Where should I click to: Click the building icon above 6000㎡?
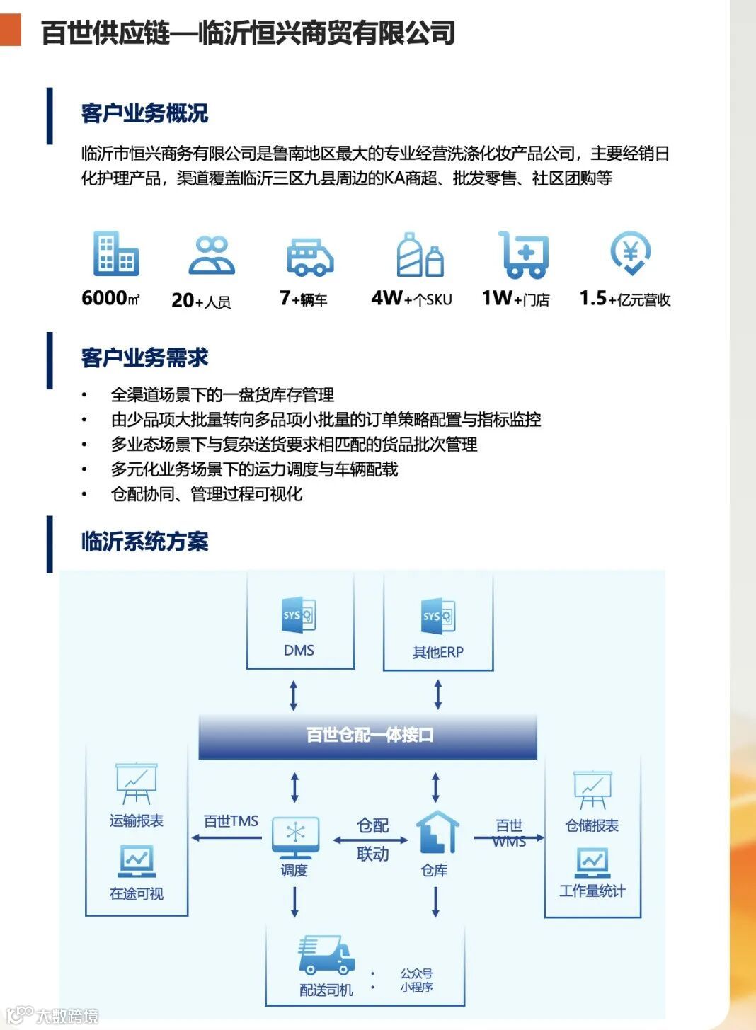click(x=115, y=254)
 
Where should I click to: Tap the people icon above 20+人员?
click(x=212, y=256)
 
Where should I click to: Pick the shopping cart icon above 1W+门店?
click(x=524, y=255)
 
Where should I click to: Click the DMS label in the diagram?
click(x=299, y=650)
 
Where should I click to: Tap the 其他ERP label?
click(x=437, y=652)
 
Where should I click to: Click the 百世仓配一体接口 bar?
click(x=368, y=736)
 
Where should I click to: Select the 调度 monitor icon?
click(x=295, y=837)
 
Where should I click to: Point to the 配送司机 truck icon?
click(x=325, y=955)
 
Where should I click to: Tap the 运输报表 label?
click(x=136, y=820)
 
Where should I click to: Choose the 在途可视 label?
click(x=136, y=894)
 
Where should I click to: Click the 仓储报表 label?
click(x=592, y=825)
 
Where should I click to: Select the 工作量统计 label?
click(x=592, y=891)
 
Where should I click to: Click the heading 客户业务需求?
click(x=144, y=357)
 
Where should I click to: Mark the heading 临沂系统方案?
click(x=144, y=542)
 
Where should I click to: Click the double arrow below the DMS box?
click(x=293, y=695)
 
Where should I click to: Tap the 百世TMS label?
click(x=231, y=821)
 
